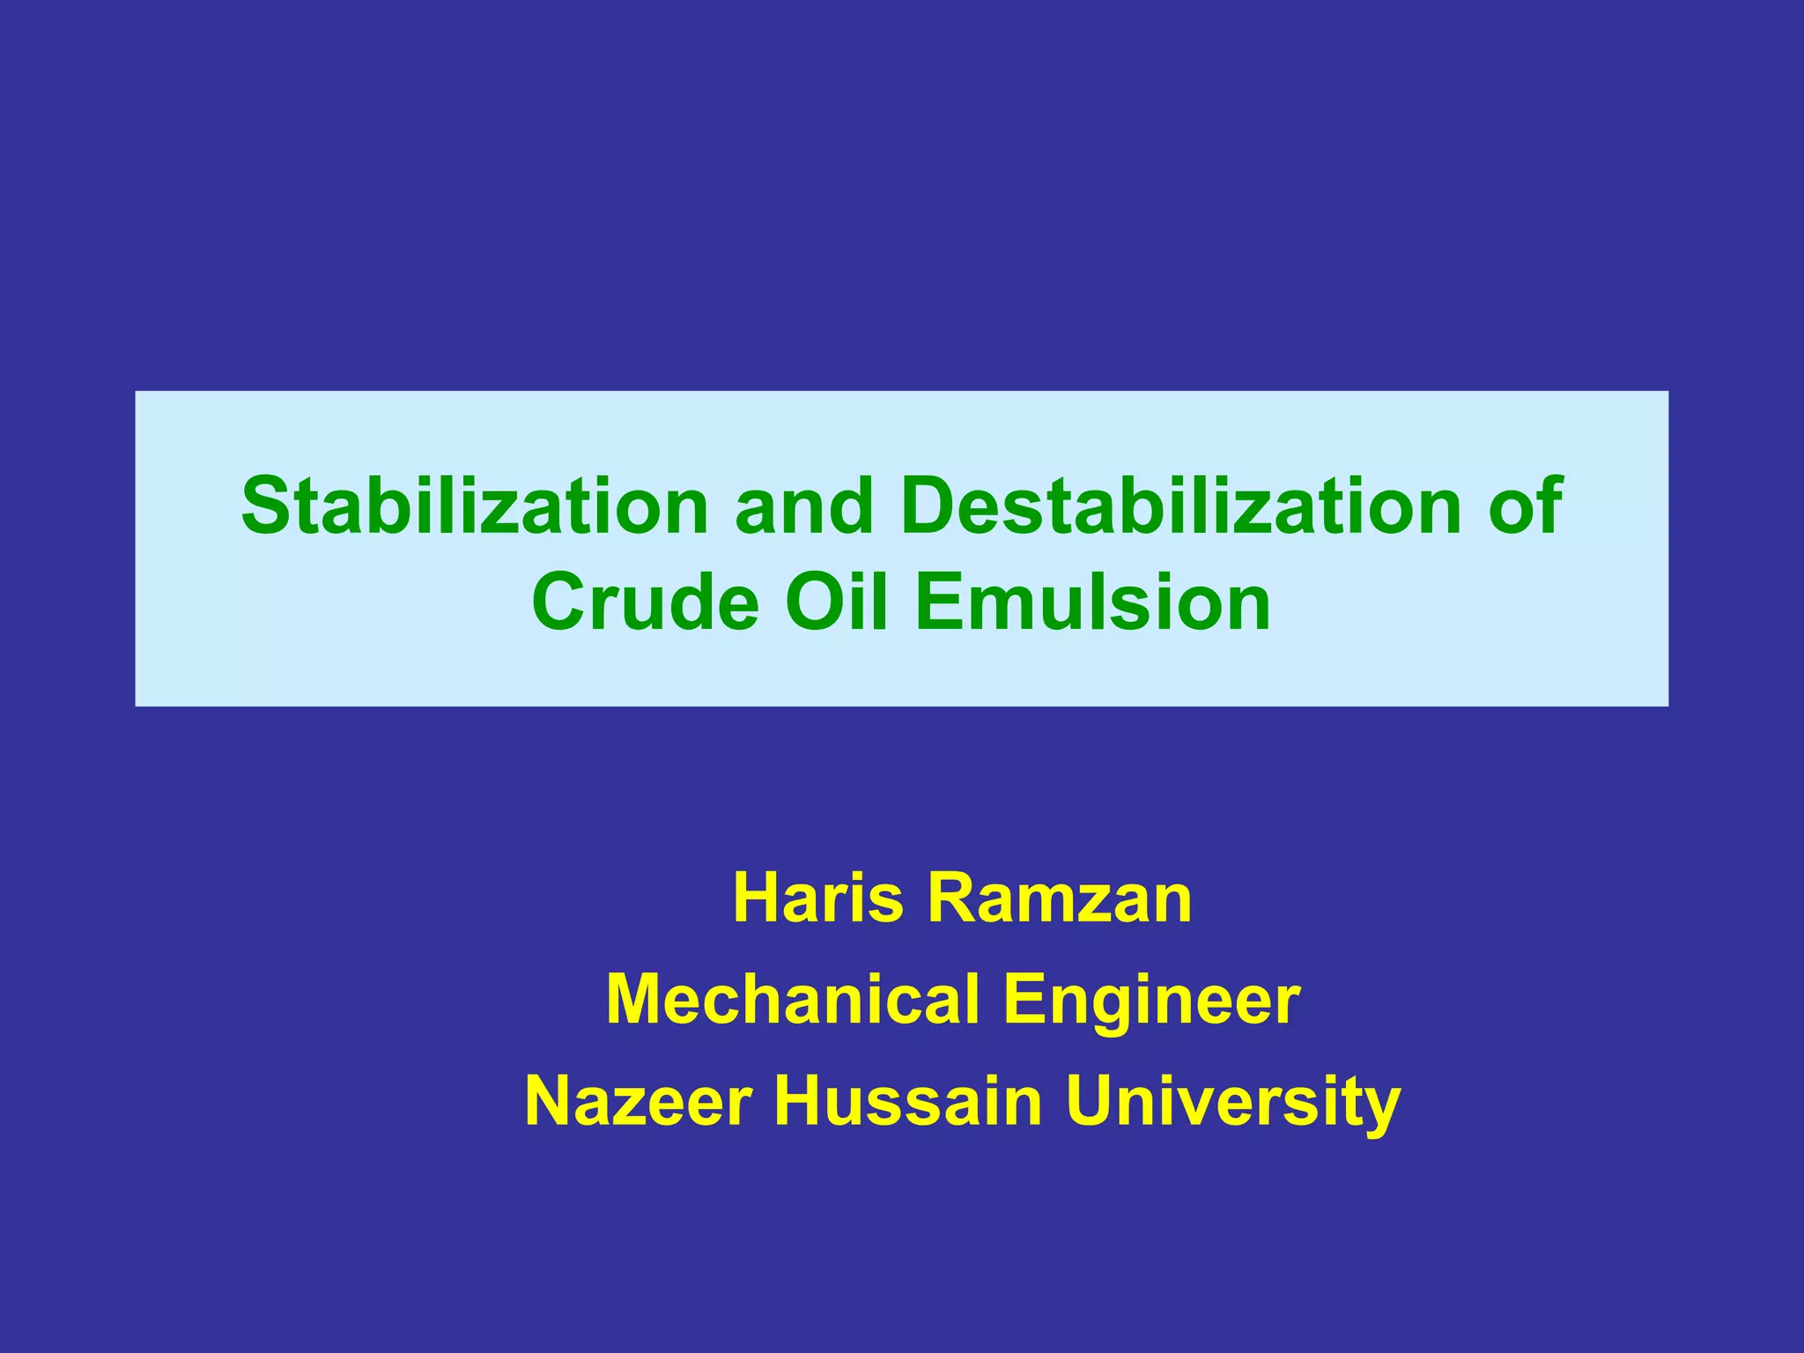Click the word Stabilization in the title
(x=475, y=506)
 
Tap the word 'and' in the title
(x=803, y=506)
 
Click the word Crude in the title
(x=645, y=603)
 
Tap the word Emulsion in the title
(x=1093, y=603)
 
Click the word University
(x=1232, y=1103)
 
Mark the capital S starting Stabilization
(x=266, y=506)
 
